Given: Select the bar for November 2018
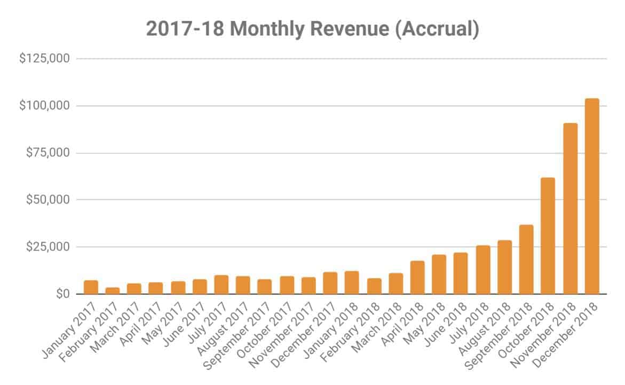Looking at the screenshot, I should point(570,209).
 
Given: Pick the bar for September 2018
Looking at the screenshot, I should point(526,260).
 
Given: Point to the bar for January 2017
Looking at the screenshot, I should point(91,287).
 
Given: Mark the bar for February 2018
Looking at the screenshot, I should point(374,286).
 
